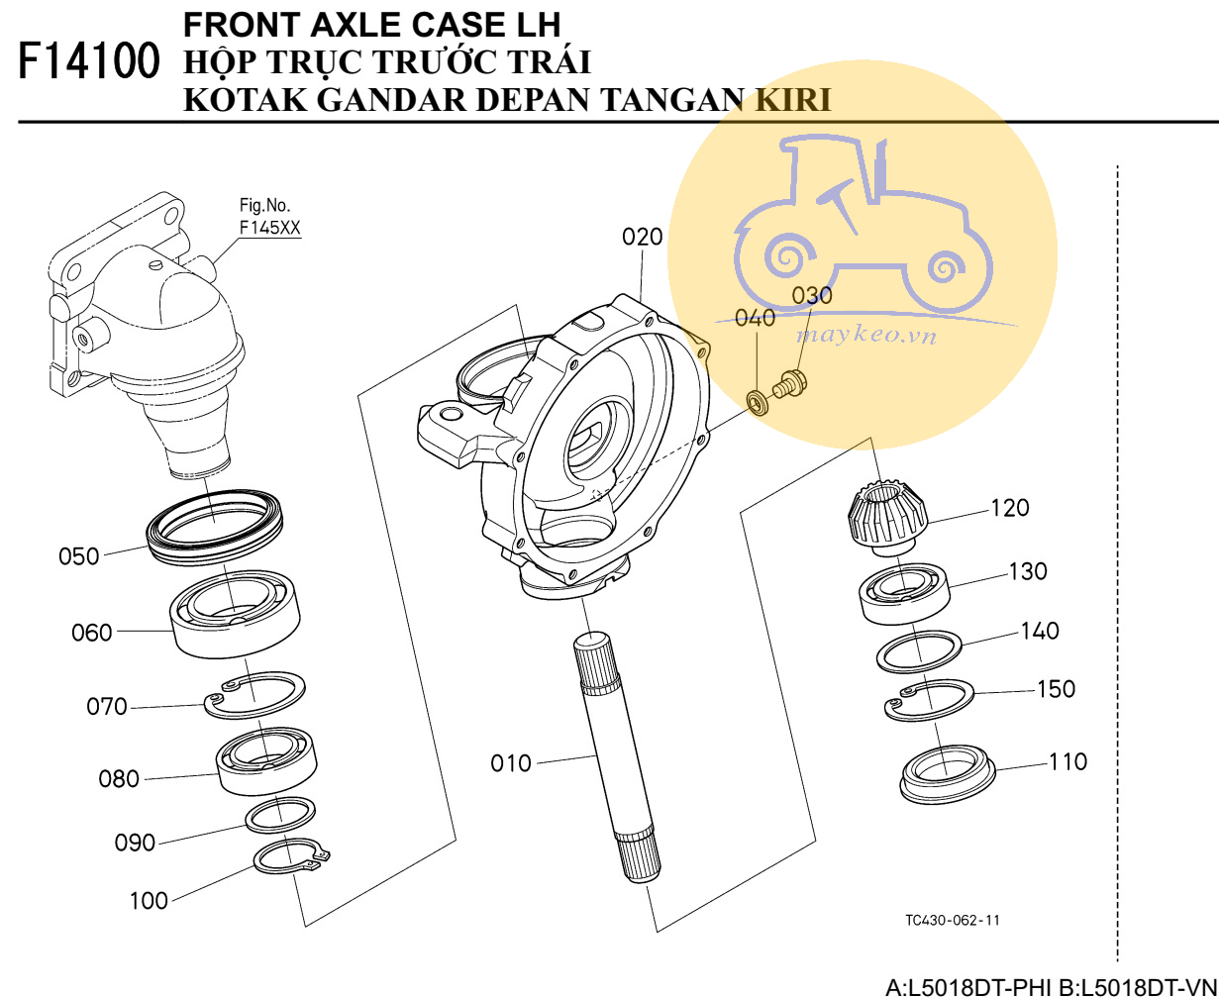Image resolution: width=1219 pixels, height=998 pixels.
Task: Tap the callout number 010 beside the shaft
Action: click(x=511, y=763)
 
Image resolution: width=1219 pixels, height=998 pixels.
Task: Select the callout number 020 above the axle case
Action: click(x=643, y=238)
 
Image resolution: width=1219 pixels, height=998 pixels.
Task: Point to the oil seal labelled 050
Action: click(x=216, y=525)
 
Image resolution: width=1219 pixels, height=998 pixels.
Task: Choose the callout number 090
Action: click(x=136, y=843)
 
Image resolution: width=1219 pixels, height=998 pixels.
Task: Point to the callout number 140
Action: click(x=1040, y=631)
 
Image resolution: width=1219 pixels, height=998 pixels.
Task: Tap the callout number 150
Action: click(x=1056, y=688)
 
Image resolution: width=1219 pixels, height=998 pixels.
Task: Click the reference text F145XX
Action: click(x=270, y=227)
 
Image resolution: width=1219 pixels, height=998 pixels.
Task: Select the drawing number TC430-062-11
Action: click(x=952, y=921)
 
